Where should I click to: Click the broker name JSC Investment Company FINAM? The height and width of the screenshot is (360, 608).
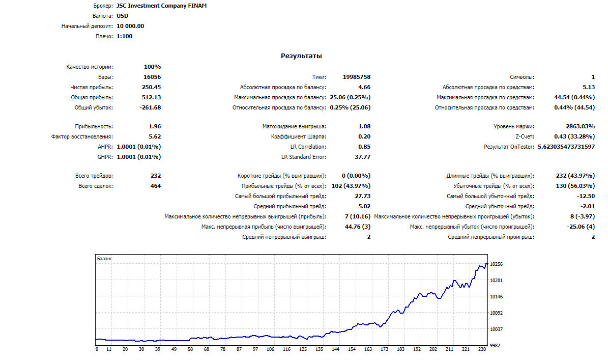pos(161,6)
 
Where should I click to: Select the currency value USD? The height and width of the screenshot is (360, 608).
pos(122,16)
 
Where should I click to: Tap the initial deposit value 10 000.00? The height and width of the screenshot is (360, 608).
pos(130,26)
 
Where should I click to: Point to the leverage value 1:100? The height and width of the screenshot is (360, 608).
pos(125,36)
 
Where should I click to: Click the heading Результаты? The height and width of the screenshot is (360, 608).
pos(301,56)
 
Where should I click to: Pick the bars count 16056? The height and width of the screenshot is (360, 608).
pos(152,77)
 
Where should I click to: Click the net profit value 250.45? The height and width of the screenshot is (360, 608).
pos(151,87)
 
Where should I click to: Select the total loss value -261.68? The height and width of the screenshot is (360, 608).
pos(150,107)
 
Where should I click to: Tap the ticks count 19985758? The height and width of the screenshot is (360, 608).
pos(356,77)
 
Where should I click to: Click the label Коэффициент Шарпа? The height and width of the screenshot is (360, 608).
pos(298,136)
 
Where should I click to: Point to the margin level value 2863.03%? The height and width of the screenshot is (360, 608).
pos(580,126)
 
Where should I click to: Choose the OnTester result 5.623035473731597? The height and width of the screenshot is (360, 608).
pos(566,147)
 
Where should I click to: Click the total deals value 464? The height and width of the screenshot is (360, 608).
pos(156,186)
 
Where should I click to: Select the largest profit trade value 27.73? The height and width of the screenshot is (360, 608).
pos(362,196)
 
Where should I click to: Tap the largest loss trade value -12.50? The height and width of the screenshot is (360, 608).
pos(586,196)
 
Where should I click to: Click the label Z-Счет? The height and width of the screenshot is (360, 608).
pos(525,136)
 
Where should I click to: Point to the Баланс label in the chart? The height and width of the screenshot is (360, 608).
pos(104,258)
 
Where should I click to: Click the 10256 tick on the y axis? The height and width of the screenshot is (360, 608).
pos(496,264)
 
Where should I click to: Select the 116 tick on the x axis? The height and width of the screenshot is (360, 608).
pos(286,349)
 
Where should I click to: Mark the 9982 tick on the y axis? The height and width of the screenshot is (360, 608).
pos(495,345)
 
